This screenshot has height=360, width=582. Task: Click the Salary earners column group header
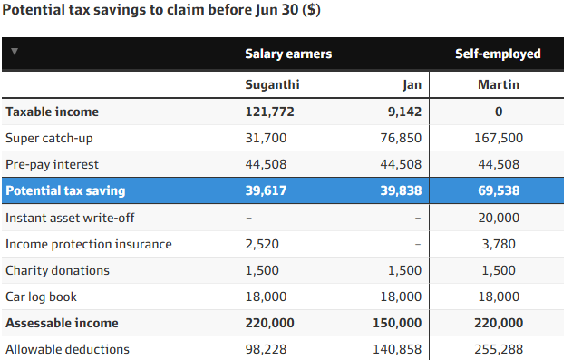pyautogui.click(x=288, y=54)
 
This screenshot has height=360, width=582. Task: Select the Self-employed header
pyautogui.click(x=498, y=54)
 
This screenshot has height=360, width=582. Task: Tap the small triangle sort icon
pyautogui.click(x=15, y=51)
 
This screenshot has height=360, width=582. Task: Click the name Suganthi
pyautogui.click(x=272, y=85)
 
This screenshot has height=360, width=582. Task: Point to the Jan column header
pyautogui.click(x=412, y=85)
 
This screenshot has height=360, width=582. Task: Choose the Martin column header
pyautogui.click(x=499, y=84)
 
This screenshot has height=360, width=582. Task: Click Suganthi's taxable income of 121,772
pyautogui.click(x=269, y=112)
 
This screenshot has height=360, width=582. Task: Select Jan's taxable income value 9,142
pyautogui.click(x=404, y=112)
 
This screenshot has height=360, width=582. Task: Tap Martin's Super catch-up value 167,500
pyautogui.click(x=499, y=138)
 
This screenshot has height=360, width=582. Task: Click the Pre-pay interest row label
pyautogui.click(x=52, y=164)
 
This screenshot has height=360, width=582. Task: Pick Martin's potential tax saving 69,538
pyautogui.click(x=499, y=190)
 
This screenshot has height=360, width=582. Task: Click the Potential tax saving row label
pyautogui.click(x=65, y=190)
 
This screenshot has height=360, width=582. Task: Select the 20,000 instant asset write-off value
pyautogui.click(x=499, y=218)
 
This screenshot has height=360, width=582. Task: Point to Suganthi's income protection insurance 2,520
pyautogui.click(x=262, y=244)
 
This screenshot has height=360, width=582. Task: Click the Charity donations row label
pyautogui.click(x=57, y=270)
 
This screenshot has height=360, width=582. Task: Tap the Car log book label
pyautogui.click(x=41, y=297)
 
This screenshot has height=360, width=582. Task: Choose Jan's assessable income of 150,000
pyautogui.click(x=397, y=323)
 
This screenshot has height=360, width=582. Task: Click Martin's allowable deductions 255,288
pyautogui.click(x=499, y=349)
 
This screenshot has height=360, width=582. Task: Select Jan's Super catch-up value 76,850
pyautogui.click(x=401, y=138)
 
